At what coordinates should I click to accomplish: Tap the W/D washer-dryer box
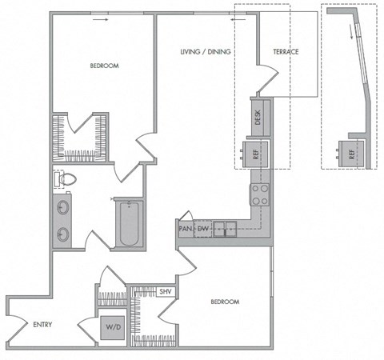[110, 326]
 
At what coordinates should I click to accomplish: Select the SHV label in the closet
[166, 292]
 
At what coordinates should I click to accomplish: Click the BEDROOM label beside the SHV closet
[225, 302]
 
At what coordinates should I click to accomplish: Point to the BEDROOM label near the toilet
[104, 66]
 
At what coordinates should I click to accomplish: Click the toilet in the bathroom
[65, 179]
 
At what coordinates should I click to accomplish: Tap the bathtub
[128, 225]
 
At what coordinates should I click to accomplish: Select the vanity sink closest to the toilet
[62, 210]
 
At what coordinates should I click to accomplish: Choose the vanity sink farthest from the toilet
[62, 235]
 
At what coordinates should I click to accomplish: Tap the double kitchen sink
[228, 230]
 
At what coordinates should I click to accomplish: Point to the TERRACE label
[286, 52]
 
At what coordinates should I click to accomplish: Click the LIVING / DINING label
[205, 52]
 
